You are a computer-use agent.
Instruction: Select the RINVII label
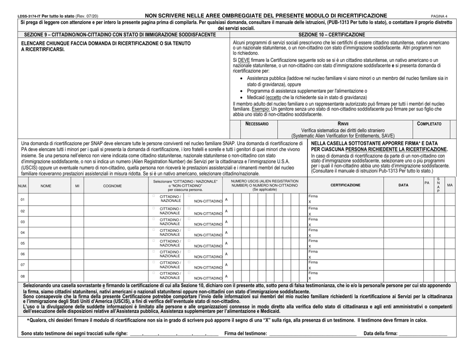(342, 124)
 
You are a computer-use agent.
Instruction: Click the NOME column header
(45, 186)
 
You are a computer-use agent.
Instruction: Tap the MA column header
(449, 186)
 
